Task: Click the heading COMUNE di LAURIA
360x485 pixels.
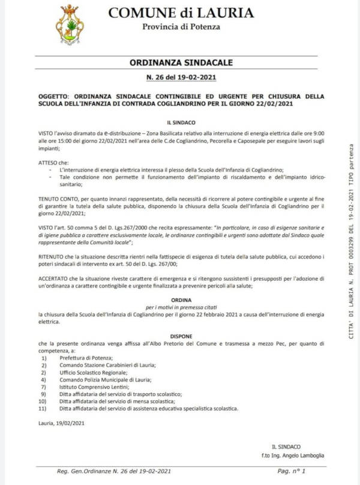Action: (181, 13)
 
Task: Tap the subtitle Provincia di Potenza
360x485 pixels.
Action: (181, 26)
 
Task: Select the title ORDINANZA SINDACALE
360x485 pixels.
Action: (181, 62)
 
